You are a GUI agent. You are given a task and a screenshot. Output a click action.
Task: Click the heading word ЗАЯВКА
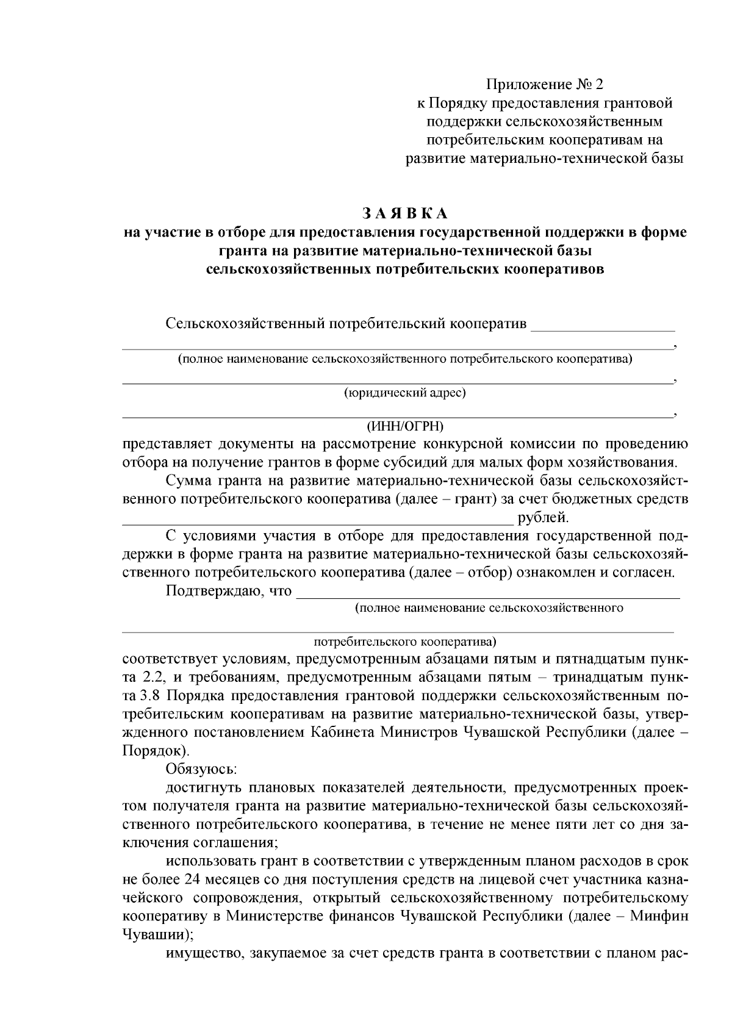[x=405, y=213]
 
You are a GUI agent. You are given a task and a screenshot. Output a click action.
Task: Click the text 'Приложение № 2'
[x=545, y=84]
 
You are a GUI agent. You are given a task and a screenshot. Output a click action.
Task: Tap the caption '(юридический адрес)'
[x=405, y=393]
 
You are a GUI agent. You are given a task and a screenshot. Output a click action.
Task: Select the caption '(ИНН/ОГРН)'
[x=405, y=425]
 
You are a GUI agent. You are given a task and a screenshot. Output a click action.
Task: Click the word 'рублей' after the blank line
[x=541, y=519]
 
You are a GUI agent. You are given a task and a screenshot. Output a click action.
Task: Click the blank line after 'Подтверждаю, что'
[x=488, y=596]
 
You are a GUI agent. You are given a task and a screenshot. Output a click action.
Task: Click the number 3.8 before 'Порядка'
[x=151, y=697]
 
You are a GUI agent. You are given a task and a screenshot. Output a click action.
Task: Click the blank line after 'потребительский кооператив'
[x=603, y=329]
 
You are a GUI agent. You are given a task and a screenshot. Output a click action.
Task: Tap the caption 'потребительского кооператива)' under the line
[x=405, y=642]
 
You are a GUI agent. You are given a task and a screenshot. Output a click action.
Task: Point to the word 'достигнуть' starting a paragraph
[x=202, y=788]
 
